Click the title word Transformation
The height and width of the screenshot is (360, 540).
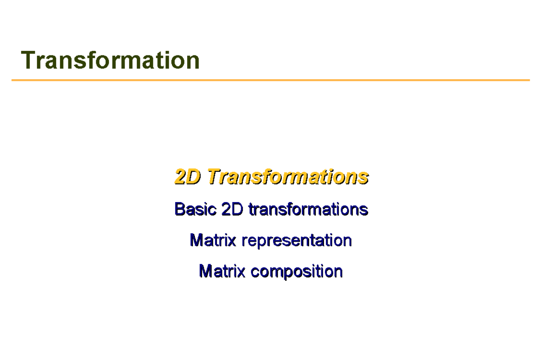tap(110, 60)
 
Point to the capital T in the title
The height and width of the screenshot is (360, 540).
tap(28, 60)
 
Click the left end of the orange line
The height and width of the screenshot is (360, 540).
tap(13, 80)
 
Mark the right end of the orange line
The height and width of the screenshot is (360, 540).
tap(529, 80)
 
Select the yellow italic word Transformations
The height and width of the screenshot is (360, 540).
tap(288, 177)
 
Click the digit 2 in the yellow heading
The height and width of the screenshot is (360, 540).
tap(180, 177)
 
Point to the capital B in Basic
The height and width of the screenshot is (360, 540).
tap(180, 209)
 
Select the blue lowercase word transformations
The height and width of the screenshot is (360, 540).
tap(308, 209)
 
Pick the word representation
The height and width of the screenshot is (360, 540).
tap(297, 241)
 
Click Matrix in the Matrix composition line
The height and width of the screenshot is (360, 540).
tap(222, 271)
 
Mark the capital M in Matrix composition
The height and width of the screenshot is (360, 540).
tap(205, 271)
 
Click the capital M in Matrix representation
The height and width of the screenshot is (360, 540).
tap(196, 240)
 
